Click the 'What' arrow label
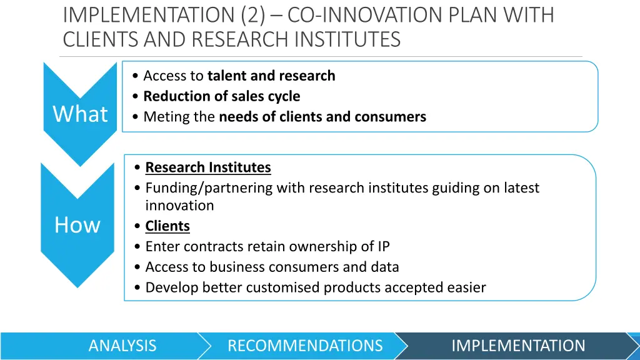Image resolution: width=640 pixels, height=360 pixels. click(x=80, y=114)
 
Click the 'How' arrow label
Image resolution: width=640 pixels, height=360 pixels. click(x=77, y=225)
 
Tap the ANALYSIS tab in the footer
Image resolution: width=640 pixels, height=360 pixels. click(x=122, y=346)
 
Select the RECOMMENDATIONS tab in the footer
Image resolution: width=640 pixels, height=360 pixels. click(x=305, y=346)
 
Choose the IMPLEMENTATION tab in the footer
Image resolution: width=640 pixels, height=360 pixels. click(x=518, y=346)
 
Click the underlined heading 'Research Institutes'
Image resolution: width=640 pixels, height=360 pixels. click(x=208, y=167)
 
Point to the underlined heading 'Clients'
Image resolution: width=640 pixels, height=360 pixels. click(x=167, y=226)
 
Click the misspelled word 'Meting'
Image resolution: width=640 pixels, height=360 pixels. click(x=161, y=117)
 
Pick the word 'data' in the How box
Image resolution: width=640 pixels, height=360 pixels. click(x=384, y=267)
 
